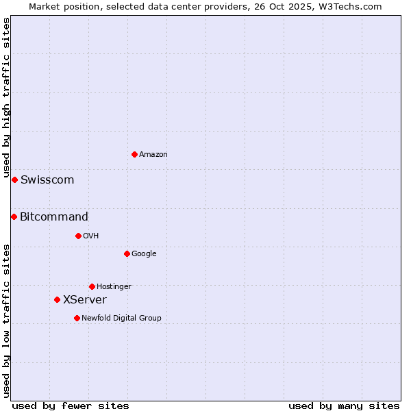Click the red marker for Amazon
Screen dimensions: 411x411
click(134, 154)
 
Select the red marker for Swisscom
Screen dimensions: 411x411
click(14, 179)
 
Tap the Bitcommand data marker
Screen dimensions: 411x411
click(14, 216)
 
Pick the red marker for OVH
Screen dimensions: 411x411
click(78, 236)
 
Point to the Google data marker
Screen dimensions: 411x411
click(127, 253)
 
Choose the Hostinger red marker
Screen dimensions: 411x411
click(92, 286)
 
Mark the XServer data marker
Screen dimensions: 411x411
click(57, 299)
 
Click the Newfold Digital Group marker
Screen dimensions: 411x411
click(77, 318)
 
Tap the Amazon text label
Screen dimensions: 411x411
click(153, 155)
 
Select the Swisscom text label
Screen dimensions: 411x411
click(47, 180)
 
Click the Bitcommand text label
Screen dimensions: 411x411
click(54, 217)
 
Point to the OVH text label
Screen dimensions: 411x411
click(91, 236)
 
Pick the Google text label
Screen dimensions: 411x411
click(144, 254)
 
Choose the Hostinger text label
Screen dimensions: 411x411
click(114, 287)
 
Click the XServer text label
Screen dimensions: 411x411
click(85, 300)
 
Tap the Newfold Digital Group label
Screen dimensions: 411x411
click(121, 319)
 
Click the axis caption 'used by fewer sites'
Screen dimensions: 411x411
click(71, 406)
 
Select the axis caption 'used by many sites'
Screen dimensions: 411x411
click(344, 406)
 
